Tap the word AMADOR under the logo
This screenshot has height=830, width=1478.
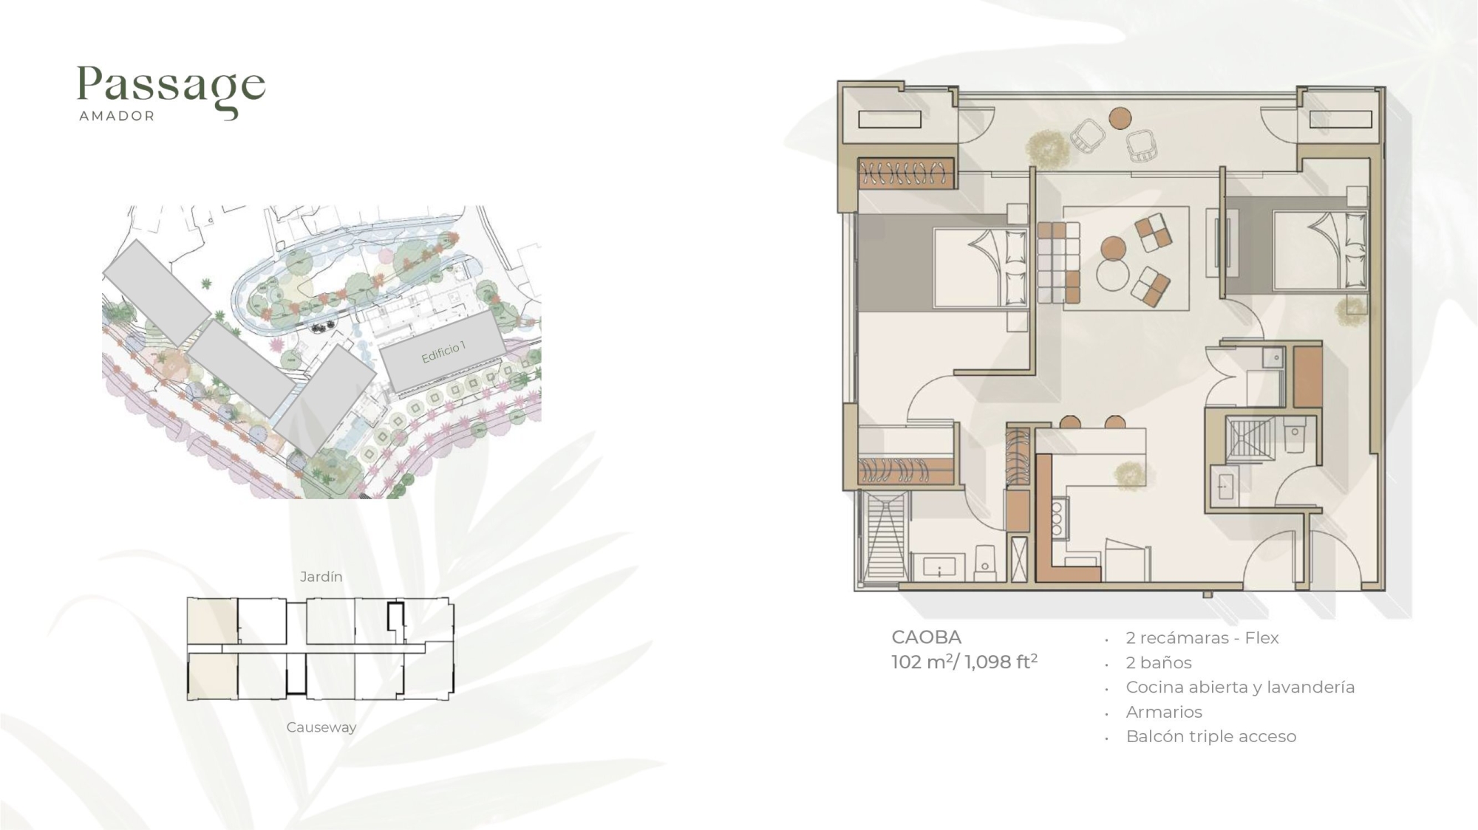pyautogui.click(x=117, y=116)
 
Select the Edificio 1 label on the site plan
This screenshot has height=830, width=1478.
pyautogui.click(x=443, y=352)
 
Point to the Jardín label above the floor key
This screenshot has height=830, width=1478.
pyautogui.click(x=321, y=577)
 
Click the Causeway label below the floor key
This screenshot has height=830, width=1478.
pyautogui.click(x=321, y=727)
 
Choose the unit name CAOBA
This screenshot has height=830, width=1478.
pyautogui.click(x=926, y=637)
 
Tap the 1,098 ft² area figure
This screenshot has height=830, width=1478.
pyautogui.click(x=1001, y=662)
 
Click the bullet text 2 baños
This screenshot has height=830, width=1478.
pyautogui.click(x=1159, y=662)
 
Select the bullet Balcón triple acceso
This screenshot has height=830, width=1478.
pyautogui.click(x=1210, y=736)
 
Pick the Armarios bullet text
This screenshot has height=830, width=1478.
pyautogui.click(x=1164, y=712)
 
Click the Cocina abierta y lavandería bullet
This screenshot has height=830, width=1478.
pyautogui.click(x=1240, y=687)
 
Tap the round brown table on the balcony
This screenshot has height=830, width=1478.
pyautogui.click(x=1120, y=118)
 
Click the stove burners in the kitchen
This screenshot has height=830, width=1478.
pyautogui.click(x=1058, y=518)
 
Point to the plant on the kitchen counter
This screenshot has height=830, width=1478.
pyautogui.click(x=1130, y=475)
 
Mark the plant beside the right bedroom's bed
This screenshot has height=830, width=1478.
pyautogui.click(x=1352, y=310)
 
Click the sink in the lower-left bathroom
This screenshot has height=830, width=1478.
pyautogui.click(x=939, y=566)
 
